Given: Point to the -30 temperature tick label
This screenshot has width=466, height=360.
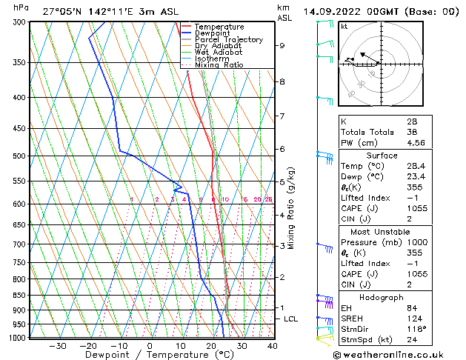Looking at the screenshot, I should (57, 345).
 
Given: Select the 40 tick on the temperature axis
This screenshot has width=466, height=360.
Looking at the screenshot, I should (272, 345).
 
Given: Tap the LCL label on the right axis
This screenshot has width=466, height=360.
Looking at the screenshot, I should (291, 319).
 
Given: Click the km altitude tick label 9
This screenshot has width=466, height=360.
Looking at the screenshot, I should (282, 45).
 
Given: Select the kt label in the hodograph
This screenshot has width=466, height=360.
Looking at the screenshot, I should (344, 26).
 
